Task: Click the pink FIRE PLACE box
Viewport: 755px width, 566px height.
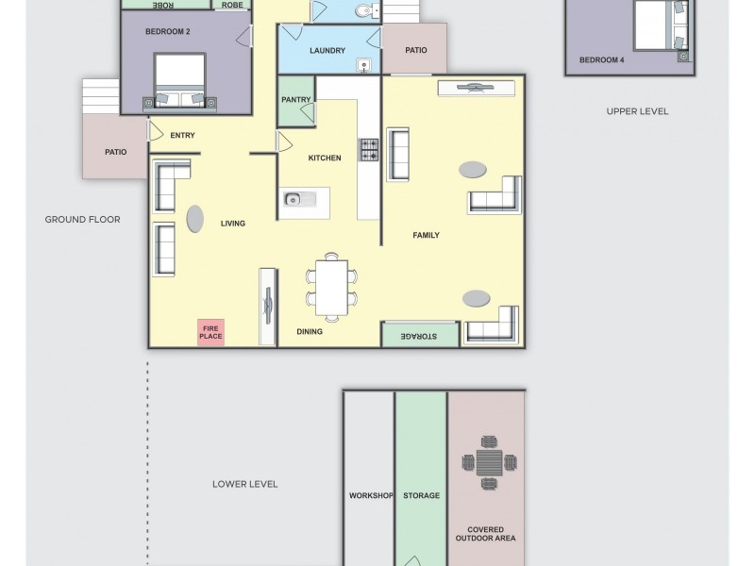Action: [210, 332]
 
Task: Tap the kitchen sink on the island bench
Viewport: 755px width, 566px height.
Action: [294, 199]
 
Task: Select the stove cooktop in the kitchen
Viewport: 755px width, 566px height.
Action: [368, 150]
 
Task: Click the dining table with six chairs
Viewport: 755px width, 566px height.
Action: [331, 287]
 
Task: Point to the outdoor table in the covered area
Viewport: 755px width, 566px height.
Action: [489, 462]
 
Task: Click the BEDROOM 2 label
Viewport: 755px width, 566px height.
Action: [168, 32]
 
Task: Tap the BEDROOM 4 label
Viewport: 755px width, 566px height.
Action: [601, 60]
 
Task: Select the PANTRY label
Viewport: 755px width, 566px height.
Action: [295, 100]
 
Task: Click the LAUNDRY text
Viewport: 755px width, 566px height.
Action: [327, 51]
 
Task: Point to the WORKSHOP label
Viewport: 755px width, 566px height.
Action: [370, 495]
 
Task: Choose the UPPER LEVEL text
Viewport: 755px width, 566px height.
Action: [637, 111]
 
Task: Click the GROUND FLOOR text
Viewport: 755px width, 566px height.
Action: [83, 220]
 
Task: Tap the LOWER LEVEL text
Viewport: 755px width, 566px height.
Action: [244, 484]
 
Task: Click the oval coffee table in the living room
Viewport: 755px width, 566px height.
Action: [194, 219]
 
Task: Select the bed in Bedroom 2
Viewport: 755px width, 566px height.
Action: [179, 79]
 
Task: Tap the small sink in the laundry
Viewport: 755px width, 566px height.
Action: [363, 65]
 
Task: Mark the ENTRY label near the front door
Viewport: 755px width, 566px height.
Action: [182, 136]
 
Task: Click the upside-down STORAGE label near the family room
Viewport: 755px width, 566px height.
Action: [418, 336]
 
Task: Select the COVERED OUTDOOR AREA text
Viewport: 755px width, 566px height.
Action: [486, 534]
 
